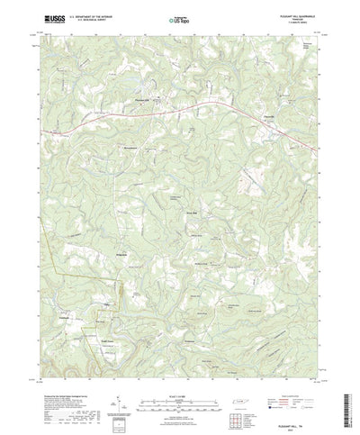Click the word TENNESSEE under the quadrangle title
[x=285, y=18]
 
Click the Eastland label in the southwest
[x=64, y=316]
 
